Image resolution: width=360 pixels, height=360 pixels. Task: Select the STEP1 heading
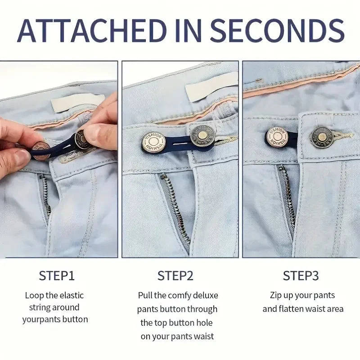coord(57,275)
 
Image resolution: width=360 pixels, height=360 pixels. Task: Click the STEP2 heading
coord(176,275)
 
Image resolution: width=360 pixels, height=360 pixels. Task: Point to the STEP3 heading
coord(301,275)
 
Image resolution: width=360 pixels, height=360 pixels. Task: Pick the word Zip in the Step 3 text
coord(277,296)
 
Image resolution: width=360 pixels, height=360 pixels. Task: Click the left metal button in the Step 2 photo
coord(153,142)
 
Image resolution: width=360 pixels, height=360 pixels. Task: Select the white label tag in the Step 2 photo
coord(211,86)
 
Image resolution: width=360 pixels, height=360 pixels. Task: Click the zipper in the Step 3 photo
coord(287,198)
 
